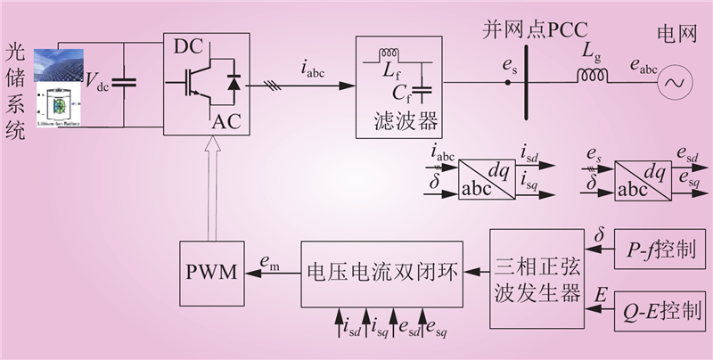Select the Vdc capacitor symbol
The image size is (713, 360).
click(x=127, y=83)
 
